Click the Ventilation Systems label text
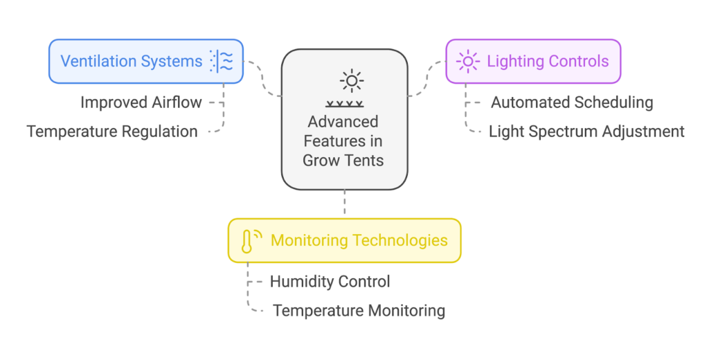click(x=132, y=61)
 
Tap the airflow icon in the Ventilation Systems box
click(x=222, y=61)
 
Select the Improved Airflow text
click(x=141, y=102)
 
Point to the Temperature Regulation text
click(x=112, y=131)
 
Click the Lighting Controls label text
click(x=548, y=61)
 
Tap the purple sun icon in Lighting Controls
click(x=468, y=62)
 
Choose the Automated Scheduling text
click(x=572, y=102)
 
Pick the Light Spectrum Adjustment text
click(x=586, y=131)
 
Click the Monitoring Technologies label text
click(x=359, y=240)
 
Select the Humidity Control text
click(x=330, y=282)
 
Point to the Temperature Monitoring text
click(x=359, y=310)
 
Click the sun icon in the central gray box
click(x=352, y=82)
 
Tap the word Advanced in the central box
click(x=343, y=122)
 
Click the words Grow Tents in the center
click(x=343, y=161)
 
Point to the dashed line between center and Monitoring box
click(x=344, y=204)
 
